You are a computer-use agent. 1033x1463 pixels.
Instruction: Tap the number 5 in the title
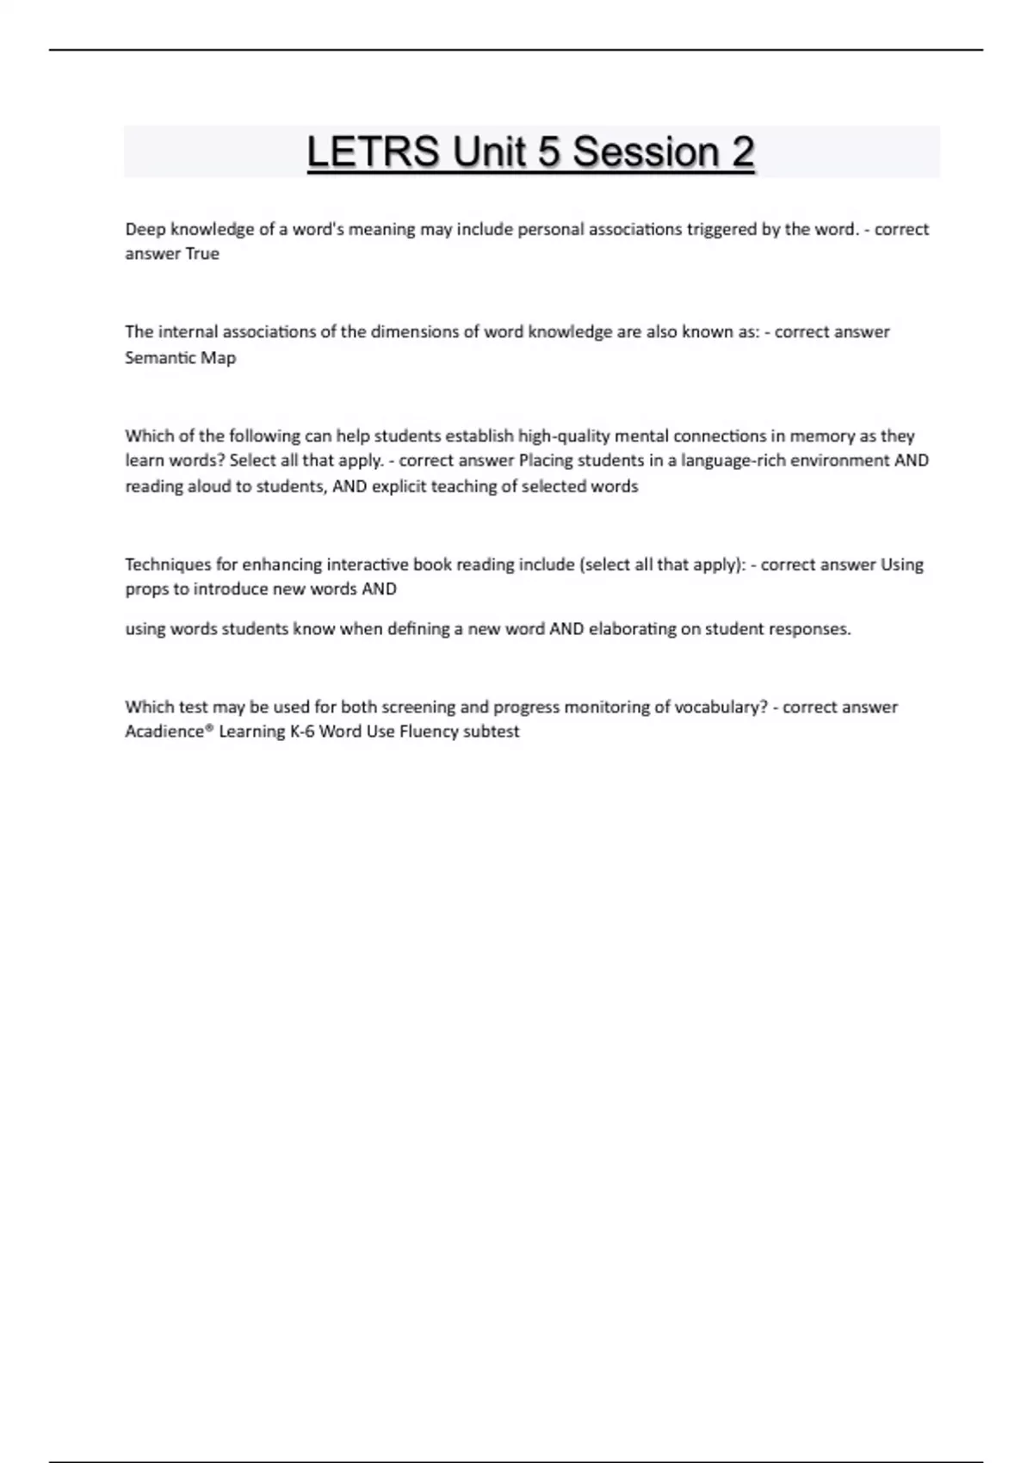(547, 152)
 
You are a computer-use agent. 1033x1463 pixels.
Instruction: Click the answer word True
(202, 254)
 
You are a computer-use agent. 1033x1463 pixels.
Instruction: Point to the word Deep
(145, 230)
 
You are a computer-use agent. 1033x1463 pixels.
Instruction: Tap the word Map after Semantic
(219, 358)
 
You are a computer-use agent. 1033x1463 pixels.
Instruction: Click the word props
(146, 590)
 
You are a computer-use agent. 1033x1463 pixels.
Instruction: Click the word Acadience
(166, 731)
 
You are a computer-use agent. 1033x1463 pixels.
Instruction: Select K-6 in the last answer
(302, 731)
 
